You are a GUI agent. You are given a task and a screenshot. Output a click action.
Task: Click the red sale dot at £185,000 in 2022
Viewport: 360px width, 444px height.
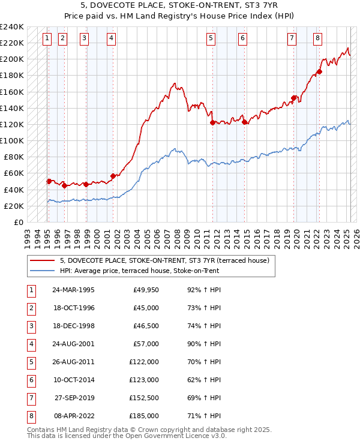[319, 72]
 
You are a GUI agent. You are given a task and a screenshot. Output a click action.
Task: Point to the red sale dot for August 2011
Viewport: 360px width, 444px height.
[212, 122]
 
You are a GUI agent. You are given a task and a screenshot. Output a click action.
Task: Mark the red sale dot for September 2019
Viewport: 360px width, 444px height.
[293, 98]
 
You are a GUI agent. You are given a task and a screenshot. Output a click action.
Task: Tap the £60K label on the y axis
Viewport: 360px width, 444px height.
[14, 173]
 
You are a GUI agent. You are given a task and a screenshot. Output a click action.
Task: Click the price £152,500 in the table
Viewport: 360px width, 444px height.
[144, 398]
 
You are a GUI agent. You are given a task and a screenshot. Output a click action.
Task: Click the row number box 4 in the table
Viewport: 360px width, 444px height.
[31, 344]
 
